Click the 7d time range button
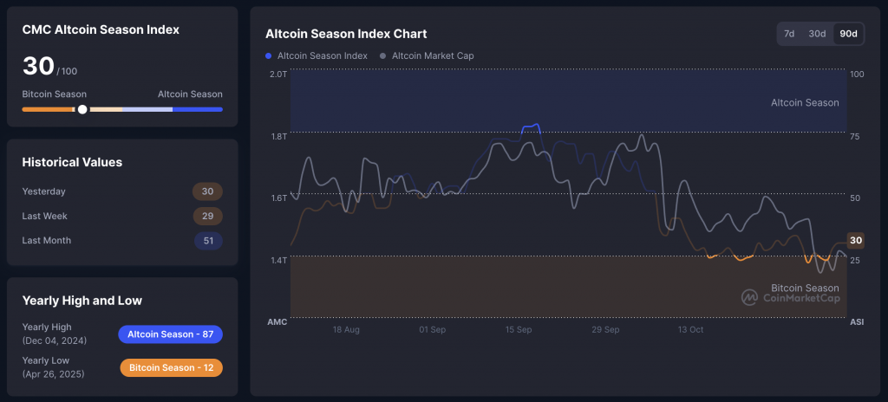tap(789, 34)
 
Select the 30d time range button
tap(817, 34)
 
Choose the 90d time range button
tap(848, 34)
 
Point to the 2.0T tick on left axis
tap(277, 75)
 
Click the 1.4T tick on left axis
tap(277, 260)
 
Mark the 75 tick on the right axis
tap(855, 136)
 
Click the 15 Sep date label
tap(519, 329)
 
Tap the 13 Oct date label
tap(691, 329)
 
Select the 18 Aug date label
tap(346, 329)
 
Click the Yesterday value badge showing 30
tap(207, 191)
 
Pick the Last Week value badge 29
tap(207, 216)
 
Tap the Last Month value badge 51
tap(207, 240)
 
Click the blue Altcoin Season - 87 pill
tap(170, 334)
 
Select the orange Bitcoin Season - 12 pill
tap(171, 367)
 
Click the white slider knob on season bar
tap(82, 109)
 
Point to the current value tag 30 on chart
tap(856, 241)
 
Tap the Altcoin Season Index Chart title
tap(346, 34)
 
